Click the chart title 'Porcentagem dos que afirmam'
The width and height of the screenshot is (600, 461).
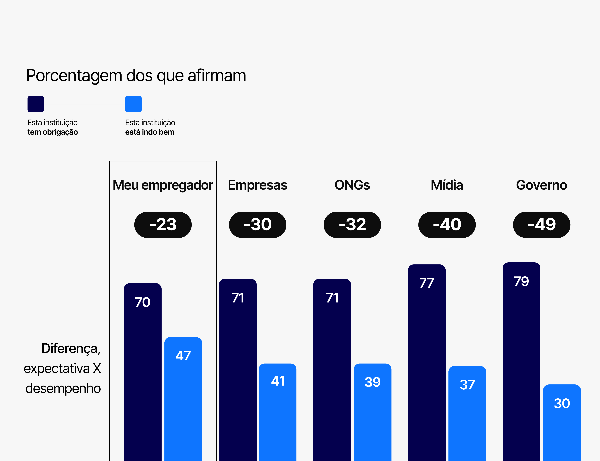pyautogui.click(x=136, y=75)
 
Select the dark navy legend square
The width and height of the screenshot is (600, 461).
pyautogui.click(x=36, y=104)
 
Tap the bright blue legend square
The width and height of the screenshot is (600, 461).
pyautogui.click(x=133, y=104)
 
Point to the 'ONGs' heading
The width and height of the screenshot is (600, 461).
pyautogui.click(x=352, y=185)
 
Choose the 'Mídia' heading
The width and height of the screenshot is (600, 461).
pyautogui.click(x=447, y=185)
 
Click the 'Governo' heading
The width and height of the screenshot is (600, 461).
pyautogui.click(x=542, y=185)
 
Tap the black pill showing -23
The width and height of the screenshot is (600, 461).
pyautogui.click(x=163, y=225)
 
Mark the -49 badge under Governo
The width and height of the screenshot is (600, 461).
pyautogui.click(x=542, y=225)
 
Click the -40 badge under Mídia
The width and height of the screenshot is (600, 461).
pyautogui.click(x=447, y=225)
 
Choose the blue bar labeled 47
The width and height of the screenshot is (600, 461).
pyautogui.click(x=183, y=398)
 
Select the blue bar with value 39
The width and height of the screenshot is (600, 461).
pyautogui.click(x=372, y=412)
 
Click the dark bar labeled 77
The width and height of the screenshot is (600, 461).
pyautogui.click(x=427, y=362)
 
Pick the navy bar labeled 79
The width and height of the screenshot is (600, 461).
pyautogui.click(x=521, y=362)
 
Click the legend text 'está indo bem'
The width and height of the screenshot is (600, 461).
pyautogui.click(x=150, y=132)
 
